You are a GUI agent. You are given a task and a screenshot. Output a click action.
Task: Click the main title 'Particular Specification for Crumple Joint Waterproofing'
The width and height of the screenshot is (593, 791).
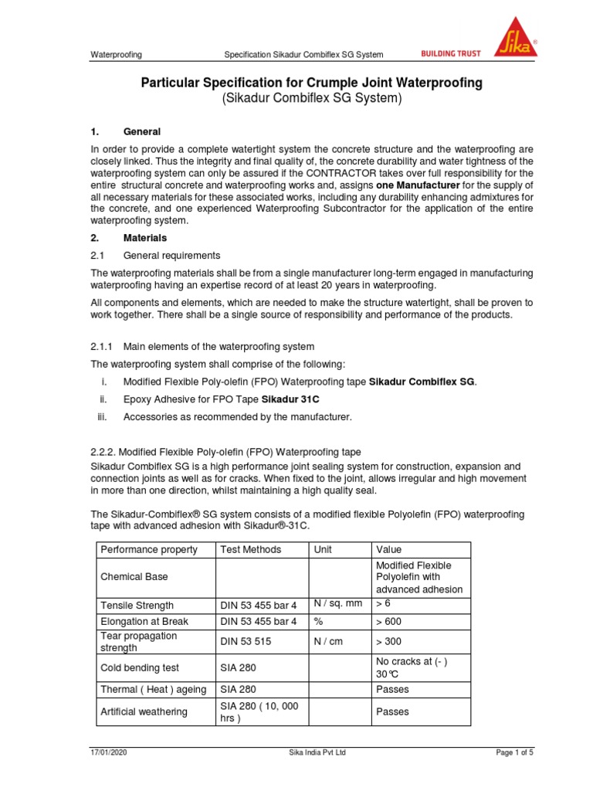(311, 83)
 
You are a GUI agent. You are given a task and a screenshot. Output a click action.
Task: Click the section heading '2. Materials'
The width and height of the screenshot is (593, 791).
(129, 238)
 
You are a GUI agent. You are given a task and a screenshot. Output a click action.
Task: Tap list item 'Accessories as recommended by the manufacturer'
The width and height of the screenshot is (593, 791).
(237, 417)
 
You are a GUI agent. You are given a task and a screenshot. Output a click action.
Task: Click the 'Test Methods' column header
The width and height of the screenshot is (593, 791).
(251, 549)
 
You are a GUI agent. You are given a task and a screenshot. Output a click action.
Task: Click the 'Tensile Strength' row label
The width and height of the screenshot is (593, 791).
(137, 605)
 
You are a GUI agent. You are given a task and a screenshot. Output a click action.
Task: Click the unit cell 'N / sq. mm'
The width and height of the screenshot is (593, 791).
(337, 603)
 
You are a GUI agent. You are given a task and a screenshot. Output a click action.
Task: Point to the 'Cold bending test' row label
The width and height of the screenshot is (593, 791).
(140, 667)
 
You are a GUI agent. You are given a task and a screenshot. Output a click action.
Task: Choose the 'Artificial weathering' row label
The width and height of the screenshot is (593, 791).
(144, 711)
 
